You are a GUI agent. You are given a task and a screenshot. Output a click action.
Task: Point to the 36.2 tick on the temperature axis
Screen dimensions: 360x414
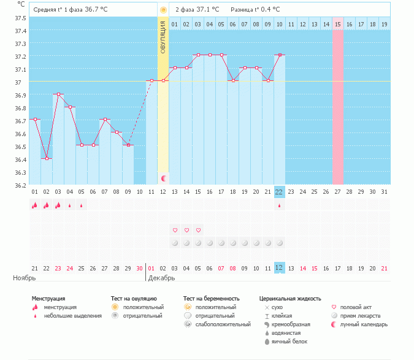coord(21,185)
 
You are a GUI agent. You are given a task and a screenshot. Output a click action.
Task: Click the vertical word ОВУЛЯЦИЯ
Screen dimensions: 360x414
coord(163,38)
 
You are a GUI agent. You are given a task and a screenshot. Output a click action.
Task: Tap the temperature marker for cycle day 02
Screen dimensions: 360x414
coord(47,158)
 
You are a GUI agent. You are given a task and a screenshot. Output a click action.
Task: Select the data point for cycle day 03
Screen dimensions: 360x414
coord(58,94)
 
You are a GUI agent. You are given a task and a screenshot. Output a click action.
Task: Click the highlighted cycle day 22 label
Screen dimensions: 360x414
coord(279,192)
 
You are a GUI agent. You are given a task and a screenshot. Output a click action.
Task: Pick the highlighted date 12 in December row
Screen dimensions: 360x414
coord(279,268)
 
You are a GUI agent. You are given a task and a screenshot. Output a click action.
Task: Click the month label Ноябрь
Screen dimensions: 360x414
coord(25,278)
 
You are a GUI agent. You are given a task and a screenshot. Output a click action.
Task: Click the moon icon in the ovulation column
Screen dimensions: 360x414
coord(164,178)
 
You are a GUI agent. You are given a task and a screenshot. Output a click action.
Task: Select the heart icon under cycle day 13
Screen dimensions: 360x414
coord(175,230)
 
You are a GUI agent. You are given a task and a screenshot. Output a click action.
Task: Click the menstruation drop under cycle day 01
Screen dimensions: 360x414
coord(34,205)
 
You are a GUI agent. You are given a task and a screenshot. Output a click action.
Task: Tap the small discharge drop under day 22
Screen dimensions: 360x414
coord(280,206)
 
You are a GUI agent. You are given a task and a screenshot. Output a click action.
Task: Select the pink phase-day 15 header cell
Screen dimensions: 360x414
coord(337,24)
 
